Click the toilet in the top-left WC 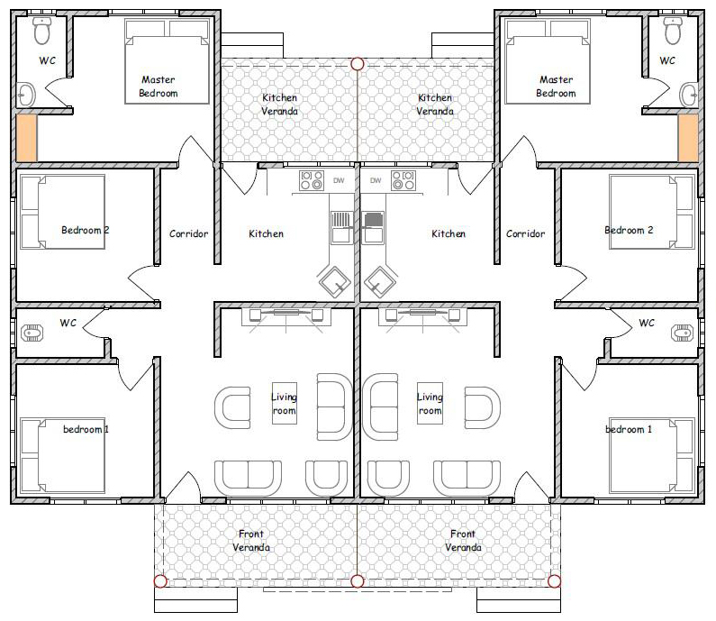(42, 31)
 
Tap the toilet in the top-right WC (673, 31)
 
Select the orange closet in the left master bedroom (26, 138)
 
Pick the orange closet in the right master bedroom (688, 138)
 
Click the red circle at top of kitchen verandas (358, 64)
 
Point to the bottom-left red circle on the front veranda (160, 581)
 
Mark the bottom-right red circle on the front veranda (555, 581)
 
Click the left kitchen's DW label (339, 180)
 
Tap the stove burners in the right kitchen (403, 180)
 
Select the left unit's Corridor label (188, 234)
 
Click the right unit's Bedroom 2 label (629, 230)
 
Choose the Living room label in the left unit (284, 404)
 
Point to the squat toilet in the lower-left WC (32, 333)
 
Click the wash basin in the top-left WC (26, 96)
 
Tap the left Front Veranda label (251, 540)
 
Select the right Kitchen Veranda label (435, 105)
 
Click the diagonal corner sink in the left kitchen (335, 282)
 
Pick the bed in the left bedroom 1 (63, 455)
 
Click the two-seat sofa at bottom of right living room (467, 478)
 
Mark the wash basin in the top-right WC (689, 96)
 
